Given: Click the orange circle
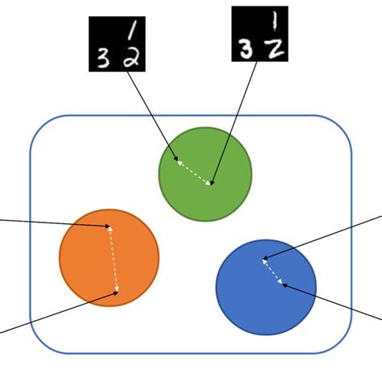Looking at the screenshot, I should [89, 258].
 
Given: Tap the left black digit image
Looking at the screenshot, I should [117, 45].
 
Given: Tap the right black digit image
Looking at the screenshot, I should [260, 34].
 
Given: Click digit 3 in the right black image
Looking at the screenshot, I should [245, 49].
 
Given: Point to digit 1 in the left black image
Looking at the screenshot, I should [132, 30].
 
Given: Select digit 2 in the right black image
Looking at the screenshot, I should [276, 48].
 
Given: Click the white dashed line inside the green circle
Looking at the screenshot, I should [193, 172].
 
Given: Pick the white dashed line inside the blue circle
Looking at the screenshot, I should [272, 271].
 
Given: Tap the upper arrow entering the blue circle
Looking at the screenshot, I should [322, 237].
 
